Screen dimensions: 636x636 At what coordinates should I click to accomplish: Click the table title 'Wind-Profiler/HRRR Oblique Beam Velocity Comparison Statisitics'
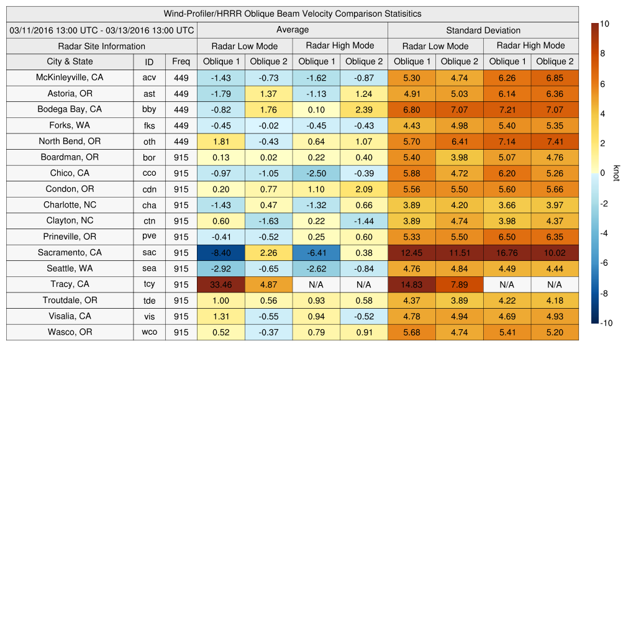[293, 14]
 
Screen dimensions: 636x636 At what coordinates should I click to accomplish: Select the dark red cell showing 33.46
[221, 284]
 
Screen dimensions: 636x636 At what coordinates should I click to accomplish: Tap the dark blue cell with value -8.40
[221, 253]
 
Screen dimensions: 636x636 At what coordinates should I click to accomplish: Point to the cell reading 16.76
[507, 253]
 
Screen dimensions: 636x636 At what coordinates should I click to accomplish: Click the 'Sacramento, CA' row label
[70, 253]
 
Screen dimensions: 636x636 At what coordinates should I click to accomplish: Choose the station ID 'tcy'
[149, 284]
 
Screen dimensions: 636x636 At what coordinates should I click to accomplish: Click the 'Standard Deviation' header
[483, 30]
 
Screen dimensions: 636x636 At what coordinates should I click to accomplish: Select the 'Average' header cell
[293, 30]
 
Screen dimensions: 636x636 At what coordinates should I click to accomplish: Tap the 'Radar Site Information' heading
[101, 46]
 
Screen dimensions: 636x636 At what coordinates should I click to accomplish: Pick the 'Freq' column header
[181, 61]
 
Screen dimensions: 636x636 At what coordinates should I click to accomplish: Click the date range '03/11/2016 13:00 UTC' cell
[101, 30]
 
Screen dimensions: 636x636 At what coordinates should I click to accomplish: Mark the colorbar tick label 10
[604, 24]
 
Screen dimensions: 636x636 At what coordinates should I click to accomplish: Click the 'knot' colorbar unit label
[617, 173]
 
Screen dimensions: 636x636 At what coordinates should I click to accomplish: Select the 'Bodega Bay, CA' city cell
[70, 109]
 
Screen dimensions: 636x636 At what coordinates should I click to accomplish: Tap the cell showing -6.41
[316, 253]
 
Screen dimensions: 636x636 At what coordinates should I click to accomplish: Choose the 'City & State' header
[70, 61]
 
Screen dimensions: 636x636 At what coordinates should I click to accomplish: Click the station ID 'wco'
[149, 332]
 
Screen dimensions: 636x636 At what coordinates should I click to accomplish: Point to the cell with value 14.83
[411, 284]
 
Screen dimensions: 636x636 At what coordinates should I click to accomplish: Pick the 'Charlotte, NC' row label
[70, 205]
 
